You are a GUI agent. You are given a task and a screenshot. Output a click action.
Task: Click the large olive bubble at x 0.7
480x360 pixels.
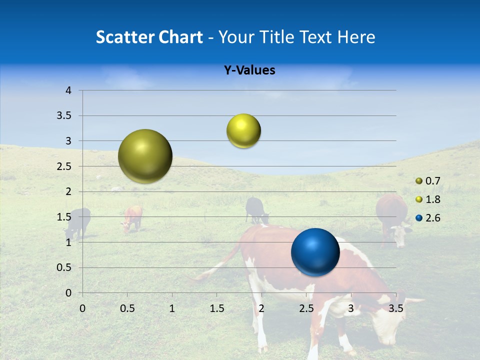(x=145, y=156)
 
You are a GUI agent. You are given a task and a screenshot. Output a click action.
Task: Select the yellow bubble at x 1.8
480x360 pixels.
(x=243, y=131)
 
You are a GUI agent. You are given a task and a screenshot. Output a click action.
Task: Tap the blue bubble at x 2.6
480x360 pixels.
(x=315, y=252)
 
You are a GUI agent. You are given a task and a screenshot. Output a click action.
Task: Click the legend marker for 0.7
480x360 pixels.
(x=419, y=181)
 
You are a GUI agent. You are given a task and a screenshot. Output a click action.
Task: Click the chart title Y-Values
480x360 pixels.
(x=249, y=70)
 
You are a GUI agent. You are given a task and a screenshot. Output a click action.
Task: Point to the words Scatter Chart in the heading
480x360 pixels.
(x=149, y=37)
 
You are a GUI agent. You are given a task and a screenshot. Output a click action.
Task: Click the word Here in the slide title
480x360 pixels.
(x=355, y=37)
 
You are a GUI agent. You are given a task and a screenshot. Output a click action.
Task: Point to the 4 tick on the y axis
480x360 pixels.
(x=68, y=90)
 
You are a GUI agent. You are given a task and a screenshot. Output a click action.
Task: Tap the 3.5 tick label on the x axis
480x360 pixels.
(x=395, y=308)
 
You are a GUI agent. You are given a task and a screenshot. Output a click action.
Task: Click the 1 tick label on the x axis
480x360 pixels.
(x=172, y=308)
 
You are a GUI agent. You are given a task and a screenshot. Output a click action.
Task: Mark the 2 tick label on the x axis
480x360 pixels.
(x=261, y=308)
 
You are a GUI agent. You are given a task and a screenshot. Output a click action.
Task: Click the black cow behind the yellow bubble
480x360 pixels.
(x=256, y=209)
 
